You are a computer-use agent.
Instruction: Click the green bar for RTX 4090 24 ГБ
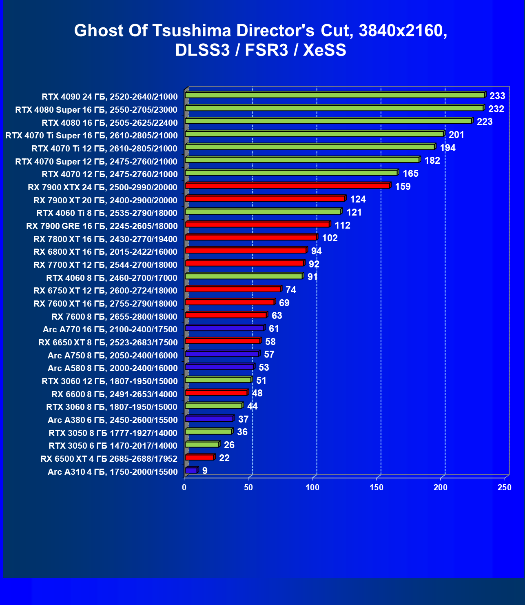[334, 95]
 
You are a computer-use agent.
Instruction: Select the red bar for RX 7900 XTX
[287, 186]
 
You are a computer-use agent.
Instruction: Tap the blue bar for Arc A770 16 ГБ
[224, 328]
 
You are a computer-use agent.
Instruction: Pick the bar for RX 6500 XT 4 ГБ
[199, 457]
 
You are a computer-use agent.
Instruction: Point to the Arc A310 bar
[191, 470]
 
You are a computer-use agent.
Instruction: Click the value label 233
[497, 96]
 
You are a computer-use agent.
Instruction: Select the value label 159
[403, 187]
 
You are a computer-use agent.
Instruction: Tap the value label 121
[354, 212]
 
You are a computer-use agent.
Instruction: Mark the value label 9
[205, 471]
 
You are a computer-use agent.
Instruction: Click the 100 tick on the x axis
[312, 487]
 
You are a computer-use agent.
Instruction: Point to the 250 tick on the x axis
[504, 487]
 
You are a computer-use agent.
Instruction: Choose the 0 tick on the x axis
[184, 487]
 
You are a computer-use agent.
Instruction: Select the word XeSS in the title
[324, 50]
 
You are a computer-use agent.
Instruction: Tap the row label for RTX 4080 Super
[96, 109]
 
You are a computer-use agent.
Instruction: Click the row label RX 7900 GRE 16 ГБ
[102, 226]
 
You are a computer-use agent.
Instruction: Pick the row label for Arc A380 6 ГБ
[113, 420]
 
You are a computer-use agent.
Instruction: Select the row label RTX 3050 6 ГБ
[113, 445]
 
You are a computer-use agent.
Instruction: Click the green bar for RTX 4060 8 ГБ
[244, 276]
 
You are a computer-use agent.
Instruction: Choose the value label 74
[291, 290]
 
